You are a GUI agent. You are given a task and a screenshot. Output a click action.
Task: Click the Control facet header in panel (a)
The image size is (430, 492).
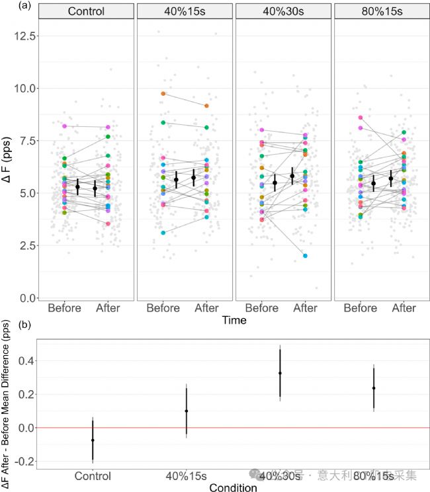coord(86,12)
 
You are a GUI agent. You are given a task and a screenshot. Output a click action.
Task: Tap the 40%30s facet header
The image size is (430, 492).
coord(284,12)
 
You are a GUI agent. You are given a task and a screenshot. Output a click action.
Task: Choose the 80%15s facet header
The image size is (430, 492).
coord(382,12)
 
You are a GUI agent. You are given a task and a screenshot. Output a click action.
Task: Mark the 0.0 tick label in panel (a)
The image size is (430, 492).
coord(26,298)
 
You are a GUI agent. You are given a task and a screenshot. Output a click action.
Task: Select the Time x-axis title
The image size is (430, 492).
coord(234,321)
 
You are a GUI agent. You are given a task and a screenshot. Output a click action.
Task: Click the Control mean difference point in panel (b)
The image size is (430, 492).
coord(93,440)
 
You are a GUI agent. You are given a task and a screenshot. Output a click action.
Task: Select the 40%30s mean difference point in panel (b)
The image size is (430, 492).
coord(280,373)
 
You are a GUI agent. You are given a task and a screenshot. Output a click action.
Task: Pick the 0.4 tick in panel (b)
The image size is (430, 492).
coord(25,360)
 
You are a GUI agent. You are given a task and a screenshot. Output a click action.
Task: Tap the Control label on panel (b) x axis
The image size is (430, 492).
coord(93,475)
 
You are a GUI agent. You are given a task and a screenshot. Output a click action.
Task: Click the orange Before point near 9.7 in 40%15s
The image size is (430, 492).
coord(163,94)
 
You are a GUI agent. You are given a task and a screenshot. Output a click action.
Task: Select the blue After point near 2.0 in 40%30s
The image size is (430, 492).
coord(306,256)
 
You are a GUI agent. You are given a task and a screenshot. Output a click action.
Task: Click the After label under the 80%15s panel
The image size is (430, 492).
coord(404,308)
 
